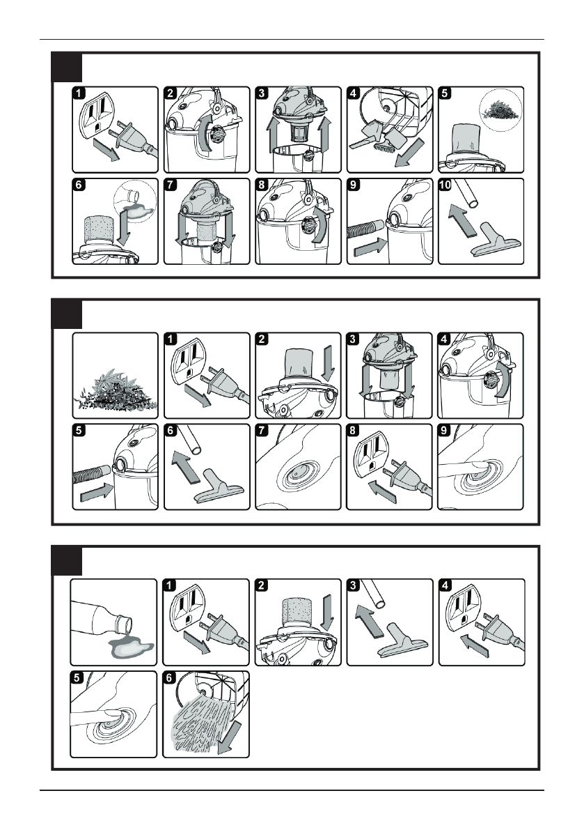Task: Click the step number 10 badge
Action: [x=445, y=187]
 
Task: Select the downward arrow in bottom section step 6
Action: [x=224, y=739]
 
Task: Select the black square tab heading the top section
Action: [x=68, y=67]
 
